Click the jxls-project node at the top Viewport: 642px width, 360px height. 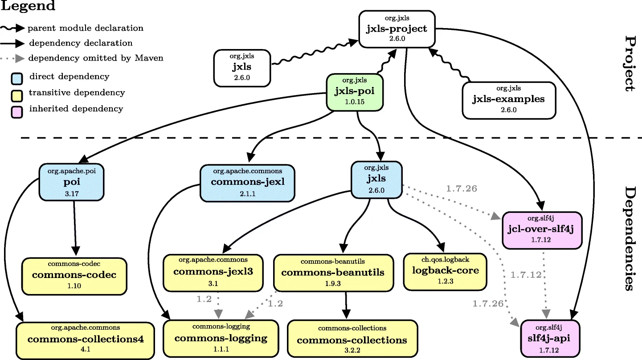397,29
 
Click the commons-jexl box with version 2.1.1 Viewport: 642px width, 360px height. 247,182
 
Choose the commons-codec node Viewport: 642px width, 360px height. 74,275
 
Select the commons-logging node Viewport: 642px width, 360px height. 221,338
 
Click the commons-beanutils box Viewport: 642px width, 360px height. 332,272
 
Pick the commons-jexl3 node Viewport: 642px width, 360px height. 213,271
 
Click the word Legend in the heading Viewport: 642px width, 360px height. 28,6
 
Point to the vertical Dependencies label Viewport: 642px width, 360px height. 629,238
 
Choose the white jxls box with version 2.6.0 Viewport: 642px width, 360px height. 242,68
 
